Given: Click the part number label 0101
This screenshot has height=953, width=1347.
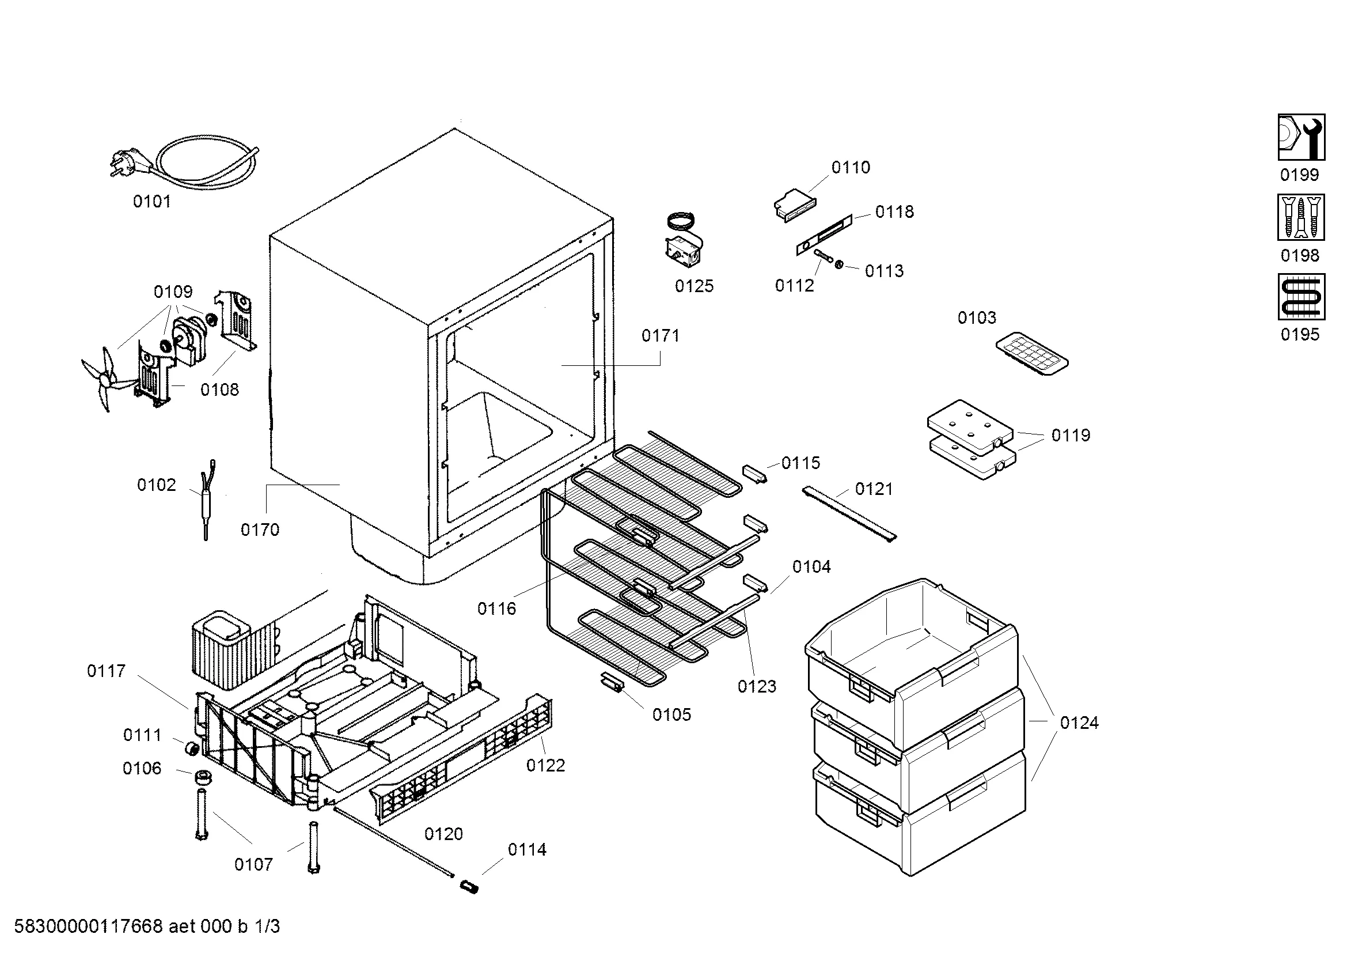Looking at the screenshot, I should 152,202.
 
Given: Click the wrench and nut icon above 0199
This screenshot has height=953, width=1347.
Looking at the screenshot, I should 1301,137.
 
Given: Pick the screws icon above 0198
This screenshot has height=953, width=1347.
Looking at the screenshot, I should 1301,218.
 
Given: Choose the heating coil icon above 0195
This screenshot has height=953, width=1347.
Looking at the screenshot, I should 1301,297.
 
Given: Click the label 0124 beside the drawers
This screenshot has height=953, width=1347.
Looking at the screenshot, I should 1079,723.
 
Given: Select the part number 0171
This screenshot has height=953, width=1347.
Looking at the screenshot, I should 660,336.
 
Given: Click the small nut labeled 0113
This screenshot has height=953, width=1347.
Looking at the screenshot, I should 839,265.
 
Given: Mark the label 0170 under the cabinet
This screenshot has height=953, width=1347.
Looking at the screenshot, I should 260,530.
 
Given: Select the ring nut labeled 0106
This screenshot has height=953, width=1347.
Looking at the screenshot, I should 203,777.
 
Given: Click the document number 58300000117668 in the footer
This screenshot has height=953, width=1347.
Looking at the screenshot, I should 88,926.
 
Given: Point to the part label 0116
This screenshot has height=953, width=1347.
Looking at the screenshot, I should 496,609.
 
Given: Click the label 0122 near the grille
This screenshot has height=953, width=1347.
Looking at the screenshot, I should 545,766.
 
